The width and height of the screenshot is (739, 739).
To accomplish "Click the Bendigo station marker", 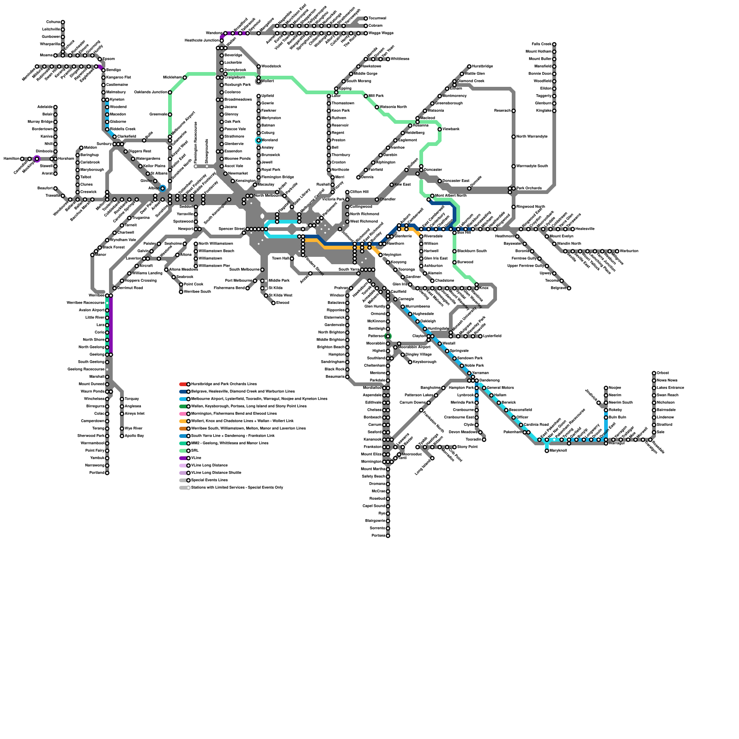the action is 103,70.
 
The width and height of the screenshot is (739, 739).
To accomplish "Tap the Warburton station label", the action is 629,251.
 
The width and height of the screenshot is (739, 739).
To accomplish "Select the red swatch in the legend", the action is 183,384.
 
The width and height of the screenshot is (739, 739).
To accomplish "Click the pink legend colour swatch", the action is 183,414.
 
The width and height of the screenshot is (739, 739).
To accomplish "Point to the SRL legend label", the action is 195,451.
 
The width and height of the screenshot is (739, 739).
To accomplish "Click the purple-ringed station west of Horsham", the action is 37,159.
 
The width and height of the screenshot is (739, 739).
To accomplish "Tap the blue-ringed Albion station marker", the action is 163,188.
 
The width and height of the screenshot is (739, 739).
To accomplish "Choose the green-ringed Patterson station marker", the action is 388,336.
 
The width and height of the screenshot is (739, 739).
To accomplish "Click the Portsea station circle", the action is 388,536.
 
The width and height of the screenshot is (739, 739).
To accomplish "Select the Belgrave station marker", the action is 569,288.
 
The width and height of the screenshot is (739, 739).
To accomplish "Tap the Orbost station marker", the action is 654,373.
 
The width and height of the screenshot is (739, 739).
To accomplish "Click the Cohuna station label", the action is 53,22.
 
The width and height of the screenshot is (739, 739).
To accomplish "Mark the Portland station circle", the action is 107,473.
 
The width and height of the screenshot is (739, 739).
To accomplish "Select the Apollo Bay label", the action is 134,436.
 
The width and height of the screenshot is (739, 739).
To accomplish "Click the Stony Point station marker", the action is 454,447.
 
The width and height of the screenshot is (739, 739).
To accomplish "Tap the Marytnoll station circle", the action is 547,451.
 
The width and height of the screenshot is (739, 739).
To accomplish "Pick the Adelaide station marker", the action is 55,107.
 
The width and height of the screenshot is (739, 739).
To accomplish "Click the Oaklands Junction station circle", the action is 170,92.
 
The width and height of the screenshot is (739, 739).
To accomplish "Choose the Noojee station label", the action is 615,388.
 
